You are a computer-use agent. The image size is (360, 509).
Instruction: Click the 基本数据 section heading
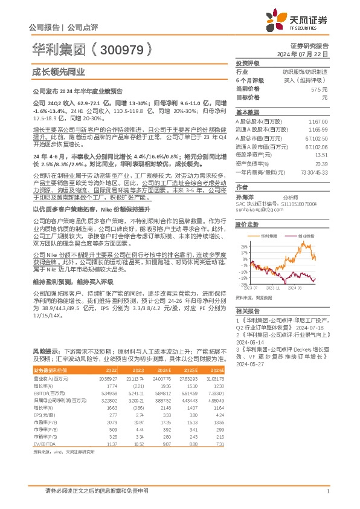[x=247, y=112]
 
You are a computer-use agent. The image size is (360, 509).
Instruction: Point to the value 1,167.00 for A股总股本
[x=318, y=122]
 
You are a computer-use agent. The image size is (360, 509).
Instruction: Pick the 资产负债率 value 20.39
[x=321, y=163]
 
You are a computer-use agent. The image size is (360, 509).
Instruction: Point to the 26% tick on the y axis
[x=243, y=246]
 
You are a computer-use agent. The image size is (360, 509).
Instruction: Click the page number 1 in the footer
[x=327, y=491]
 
